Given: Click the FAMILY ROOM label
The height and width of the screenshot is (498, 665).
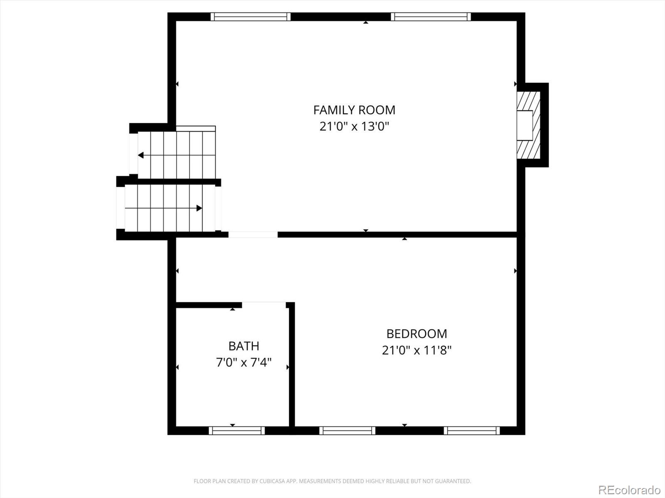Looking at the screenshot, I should (354, 110).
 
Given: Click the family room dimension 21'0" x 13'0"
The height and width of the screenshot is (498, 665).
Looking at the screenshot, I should (354, 126).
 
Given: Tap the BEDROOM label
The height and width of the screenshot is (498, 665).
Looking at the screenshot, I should (416, 334).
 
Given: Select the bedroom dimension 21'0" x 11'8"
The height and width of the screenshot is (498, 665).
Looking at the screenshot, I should (416, 350).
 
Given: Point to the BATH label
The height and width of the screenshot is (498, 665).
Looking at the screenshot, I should (244, 346).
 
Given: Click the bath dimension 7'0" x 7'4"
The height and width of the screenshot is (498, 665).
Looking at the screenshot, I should (244, 362).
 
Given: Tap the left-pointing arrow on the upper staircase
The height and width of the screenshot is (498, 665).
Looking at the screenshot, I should (141, 155).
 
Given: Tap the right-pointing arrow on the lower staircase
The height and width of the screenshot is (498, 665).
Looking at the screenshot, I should (199, 208).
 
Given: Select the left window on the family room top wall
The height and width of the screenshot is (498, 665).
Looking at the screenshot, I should (250, 17).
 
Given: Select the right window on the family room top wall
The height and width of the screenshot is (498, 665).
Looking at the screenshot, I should (431, 17).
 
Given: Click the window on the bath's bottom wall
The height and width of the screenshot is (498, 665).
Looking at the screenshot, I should (236, 431).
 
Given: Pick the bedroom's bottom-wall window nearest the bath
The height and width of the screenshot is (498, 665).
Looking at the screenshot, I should (347, 431).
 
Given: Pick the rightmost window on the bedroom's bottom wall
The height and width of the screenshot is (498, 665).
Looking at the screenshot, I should (472, 431).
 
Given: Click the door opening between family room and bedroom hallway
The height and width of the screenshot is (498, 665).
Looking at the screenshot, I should (253, 234).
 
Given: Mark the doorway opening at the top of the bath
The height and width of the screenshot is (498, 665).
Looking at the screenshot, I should (264, 305).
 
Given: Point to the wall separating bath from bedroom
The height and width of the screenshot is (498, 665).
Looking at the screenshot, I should (292, 365).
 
